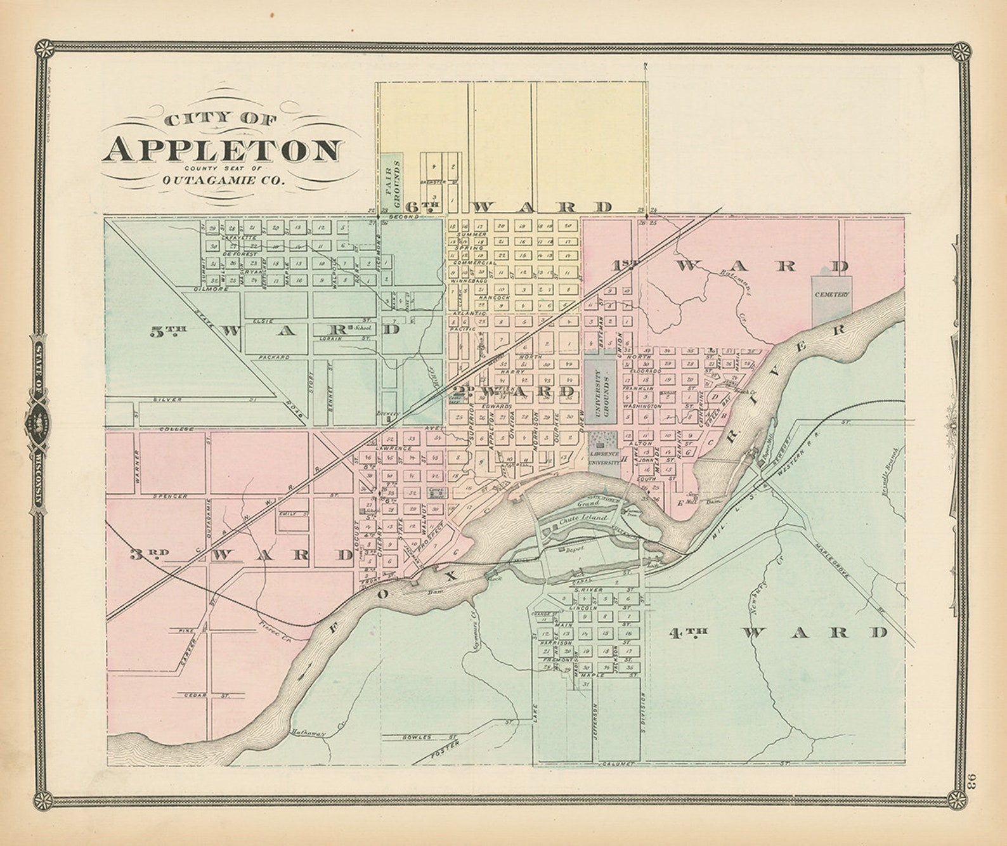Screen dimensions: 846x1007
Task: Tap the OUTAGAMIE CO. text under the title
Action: click(x=224, y=179)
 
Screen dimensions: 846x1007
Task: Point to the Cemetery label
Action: click(x=833, y=295)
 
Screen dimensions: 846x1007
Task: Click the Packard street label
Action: click(x=273, y=357)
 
